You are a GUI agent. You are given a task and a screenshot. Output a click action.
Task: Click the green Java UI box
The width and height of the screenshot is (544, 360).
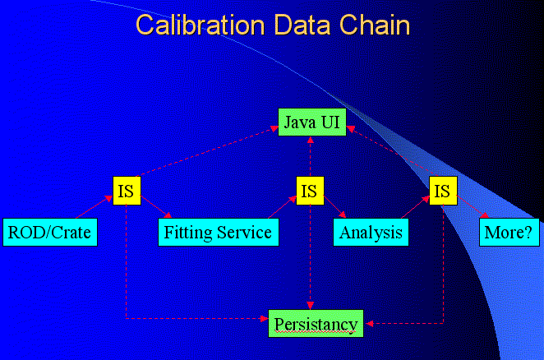(312, 122)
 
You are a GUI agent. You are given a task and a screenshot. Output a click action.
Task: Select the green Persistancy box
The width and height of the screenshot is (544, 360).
(316, 323)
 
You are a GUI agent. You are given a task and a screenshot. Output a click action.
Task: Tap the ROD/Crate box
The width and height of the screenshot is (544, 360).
(50, 233)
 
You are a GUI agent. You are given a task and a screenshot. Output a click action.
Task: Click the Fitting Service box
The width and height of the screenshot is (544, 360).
(219, 233)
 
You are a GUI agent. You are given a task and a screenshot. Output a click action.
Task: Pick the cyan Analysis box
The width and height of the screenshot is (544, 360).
(371, 233)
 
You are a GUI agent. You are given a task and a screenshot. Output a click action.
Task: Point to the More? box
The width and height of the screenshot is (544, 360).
(509, 233)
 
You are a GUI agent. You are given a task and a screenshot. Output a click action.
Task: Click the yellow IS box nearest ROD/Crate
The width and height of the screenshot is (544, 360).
(127, 191)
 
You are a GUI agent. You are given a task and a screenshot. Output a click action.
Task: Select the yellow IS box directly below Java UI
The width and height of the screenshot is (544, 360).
(310, 191)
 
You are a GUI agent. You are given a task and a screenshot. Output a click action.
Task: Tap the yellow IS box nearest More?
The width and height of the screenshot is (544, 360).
(443, 191)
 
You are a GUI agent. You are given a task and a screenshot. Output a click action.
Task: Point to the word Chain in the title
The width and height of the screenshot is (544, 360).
(375, 25)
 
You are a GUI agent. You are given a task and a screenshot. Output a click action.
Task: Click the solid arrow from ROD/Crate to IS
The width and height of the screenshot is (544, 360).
(94, 207)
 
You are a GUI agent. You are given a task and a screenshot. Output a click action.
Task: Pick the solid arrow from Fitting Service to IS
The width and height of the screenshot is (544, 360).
(283, 207)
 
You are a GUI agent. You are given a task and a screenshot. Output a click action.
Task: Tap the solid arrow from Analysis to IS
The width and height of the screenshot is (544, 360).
(415, 207)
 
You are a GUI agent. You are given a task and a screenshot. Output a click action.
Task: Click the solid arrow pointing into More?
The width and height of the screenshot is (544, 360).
(473, 206)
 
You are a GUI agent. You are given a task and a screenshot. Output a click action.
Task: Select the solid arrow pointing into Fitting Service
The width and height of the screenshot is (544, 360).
(156, 206)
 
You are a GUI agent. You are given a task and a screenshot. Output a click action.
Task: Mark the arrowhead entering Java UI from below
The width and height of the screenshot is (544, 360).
(310, 140)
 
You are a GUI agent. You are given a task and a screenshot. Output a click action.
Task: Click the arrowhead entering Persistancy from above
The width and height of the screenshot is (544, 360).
(310, 306)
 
